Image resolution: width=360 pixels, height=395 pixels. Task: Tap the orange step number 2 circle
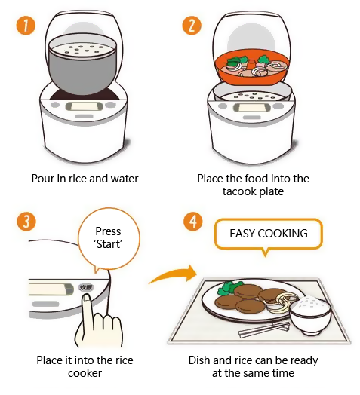(x=192, y=27)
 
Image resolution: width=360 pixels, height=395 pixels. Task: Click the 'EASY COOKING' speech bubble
(x=269, y=234)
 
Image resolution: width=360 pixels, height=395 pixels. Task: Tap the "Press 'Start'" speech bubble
(x=108, y=242)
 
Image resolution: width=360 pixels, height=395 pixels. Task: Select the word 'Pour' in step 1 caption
(x=44, y=179)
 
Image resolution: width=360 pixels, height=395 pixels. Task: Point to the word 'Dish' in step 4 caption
(x=201, y=360)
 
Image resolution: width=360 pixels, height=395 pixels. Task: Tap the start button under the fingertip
(x=85, y=288)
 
